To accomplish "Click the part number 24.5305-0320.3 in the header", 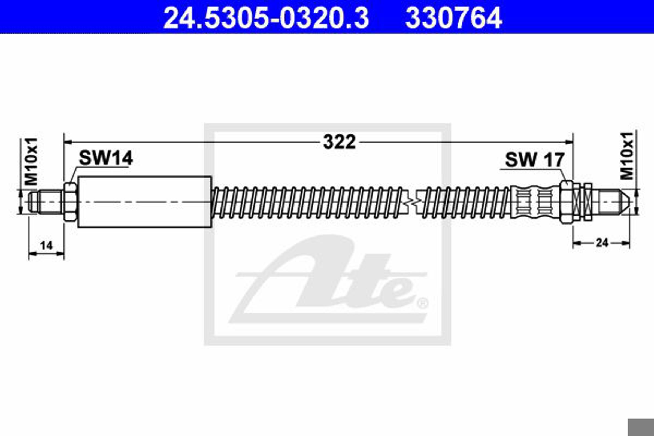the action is (x=266, y=18).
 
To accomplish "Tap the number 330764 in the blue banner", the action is (x=453, y=18).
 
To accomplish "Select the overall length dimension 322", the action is (x=339, y=142).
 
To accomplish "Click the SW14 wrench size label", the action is (x=106, y=158).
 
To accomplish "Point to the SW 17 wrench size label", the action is (x=534, y=160).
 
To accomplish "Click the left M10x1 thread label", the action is (x=31, y=162).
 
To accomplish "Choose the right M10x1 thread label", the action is (x=627, y=156).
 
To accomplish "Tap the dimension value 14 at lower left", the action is (x=46, y=246).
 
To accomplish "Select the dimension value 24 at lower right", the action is (x=602, y=243).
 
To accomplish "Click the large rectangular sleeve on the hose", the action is (x=145, y=202).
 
